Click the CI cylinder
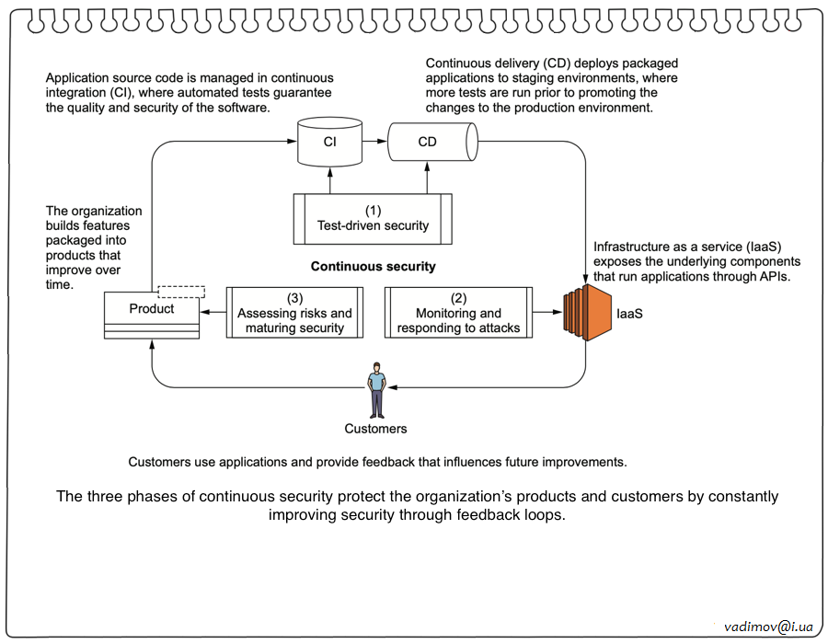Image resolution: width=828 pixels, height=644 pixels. pos(329,143)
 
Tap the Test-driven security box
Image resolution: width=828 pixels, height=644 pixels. pos(373,218)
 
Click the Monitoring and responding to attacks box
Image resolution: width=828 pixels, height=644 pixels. pos(458,313)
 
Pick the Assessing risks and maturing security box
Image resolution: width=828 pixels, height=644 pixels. pos(294,313)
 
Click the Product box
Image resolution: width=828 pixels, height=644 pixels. pos(152,315)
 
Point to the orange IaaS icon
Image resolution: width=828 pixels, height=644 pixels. pos(586,313)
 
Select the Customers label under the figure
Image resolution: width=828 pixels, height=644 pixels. pos(375,429)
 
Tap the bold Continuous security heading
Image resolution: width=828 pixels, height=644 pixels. pos(373,267)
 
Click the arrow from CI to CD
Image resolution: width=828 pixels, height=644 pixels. pos(374,143)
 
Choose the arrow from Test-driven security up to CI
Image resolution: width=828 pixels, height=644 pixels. pos(329,179)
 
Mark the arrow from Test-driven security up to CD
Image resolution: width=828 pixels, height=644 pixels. pos(428,179)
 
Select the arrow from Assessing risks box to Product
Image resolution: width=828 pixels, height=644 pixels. pos(213,313)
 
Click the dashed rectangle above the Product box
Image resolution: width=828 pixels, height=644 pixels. pos(181,292)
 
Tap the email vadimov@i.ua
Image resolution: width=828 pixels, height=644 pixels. pos(769,626)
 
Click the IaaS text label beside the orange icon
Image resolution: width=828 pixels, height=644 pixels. pos(630,315)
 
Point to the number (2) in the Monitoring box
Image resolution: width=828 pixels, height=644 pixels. pos(457,298)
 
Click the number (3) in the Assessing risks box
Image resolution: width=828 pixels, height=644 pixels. pos(294,298)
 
